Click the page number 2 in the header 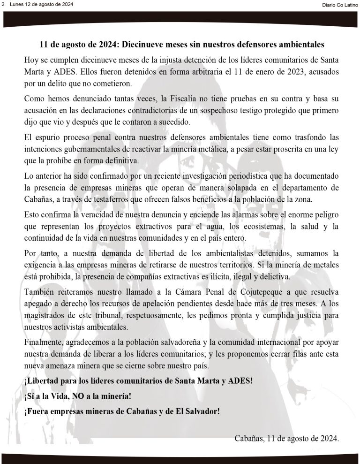pos(3,4)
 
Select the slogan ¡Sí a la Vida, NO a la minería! pos(77,396)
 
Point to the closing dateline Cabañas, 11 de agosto pos(286,439)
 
